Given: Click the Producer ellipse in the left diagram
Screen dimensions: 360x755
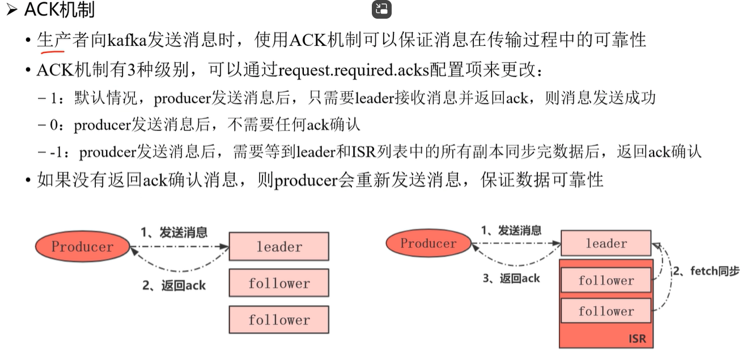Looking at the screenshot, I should [x=83, y=247].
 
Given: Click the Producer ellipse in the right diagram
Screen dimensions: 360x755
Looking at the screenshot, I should [x=429, y=244].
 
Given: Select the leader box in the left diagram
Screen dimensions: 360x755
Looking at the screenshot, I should [x=279, y=247].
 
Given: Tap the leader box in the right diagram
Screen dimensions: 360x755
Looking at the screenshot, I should [x=606, y=243].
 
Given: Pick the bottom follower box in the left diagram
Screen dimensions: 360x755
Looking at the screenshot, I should [x=279, y=320].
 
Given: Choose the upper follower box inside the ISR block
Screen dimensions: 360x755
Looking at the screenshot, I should [x=606, y=280].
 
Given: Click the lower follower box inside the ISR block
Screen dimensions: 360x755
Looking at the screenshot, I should [x=606, y=311].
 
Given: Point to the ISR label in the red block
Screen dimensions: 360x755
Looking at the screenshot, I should [x=637, y=339].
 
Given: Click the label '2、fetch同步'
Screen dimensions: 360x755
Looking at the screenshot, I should [x=706, y=272].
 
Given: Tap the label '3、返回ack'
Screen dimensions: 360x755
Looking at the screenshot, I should [x=511, y=278].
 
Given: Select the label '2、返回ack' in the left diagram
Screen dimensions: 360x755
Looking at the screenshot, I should [x=173, y=286].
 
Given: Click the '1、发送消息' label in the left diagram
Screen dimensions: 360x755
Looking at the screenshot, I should [x=174, y=232].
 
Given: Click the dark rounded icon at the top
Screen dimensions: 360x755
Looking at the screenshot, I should [x=381, y=9].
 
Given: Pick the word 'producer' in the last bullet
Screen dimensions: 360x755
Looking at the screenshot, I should [x=306, y=180].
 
